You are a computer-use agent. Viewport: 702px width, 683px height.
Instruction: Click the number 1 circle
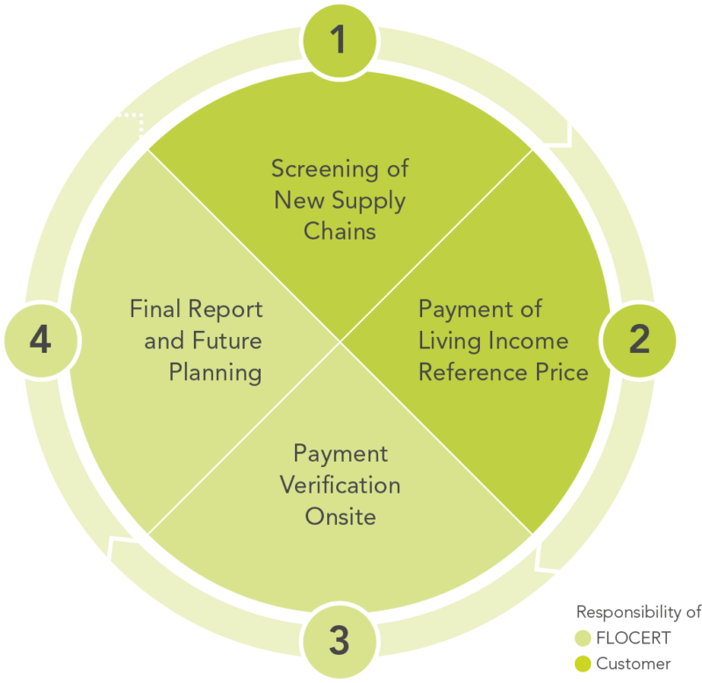[x=340, y=40]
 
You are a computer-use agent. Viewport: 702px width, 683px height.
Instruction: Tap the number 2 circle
[x=640, y=340]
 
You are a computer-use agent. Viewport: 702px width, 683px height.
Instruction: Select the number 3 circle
[x=340, y=640]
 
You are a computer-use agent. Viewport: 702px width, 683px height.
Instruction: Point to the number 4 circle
[x=40, y=340]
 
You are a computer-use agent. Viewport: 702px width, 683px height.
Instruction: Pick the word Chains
[x=340, y=232]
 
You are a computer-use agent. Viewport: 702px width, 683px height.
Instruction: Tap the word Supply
[x=369, y=202]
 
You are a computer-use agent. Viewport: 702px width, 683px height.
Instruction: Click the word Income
[x=528, y=341]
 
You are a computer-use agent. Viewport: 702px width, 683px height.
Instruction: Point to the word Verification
[x=340, y=485]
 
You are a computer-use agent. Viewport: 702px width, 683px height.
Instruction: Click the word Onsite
[x=340, y=517]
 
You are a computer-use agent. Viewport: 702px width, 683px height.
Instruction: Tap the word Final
[x=155, y=309]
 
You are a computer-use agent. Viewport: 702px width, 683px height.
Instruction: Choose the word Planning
[x=215, y=373]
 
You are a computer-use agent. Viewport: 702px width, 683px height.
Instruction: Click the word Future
[x=227, y=341]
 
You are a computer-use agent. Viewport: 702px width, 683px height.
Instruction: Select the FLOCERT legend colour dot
[x=583, y=638]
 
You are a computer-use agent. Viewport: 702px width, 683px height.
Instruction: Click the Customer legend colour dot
[x=583, y=664]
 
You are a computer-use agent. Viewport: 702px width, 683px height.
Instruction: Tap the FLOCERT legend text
[x=634, y=638]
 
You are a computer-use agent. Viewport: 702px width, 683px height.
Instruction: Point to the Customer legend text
[x=634, y=664]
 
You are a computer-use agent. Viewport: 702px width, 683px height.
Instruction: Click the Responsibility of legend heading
[x=639, y=613]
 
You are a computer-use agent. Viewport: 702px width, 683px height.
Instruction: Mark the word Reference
[x=474, y=372]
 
